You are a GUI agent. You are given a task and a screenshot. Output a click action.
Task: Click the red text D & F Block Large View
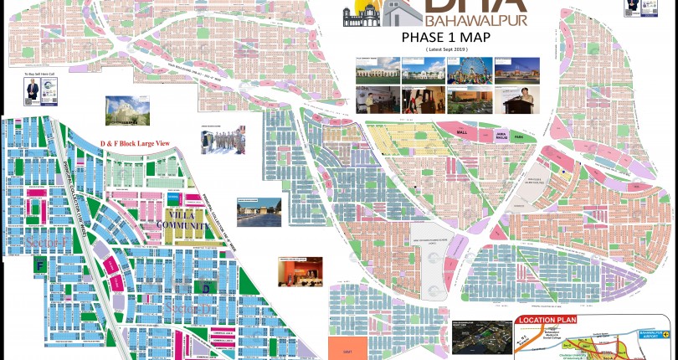click(135, 144)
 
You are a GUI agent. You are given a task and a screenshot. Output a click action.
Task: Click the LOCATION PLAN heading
click(547, 321)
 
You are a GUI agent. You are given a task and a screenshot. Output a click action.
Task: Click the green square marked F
click(39, 266)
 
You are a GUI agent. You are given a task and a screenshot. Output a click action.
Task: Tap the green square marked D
click(206, 287)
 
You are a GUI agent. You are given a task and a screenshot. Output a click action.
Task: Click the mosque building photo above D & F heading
click(121, 110)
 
